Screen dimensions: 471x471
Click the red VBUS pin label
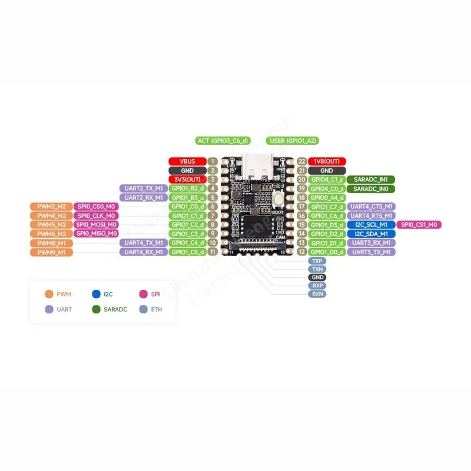tap(187, 161)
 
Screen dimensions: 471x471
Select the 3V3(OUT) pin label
tap(187, 180)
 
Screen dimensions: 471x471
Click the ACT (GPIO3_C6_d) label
tap(223, 141)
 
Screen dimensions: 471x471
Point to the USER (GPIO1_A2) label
tap(293, 141)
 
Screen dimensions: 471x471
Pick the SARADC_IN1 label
tap(370, 180)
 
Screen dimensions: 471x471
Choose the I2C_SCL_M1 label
tap(370, 225)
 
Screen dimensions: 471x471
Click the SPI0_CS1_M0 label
tap(420, 225)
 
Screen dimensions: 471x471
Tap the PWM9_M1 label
tap(51, 252)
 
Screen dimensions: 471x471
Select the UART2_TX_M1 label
tap(144, 188)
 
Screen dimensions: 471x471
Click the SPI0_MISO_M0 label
tap(95, 234)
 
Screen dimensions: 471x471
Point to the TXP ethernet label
tap(317, 260)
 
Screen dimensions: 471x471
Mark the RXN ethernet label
tap(317, 293)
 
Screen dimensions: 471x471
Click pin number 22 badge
tap(302, 161)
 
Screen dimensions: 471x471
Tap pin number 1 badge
tap(213, 161)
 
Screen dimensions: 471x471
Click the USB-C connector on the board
tap(257, 168)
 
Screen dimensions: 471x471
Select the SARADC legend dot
tap(96, 309)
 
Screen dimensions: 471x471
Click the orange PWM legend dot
tap(49, 293)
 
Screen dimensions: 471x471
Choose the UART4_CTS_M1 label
tap(370, 207)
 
